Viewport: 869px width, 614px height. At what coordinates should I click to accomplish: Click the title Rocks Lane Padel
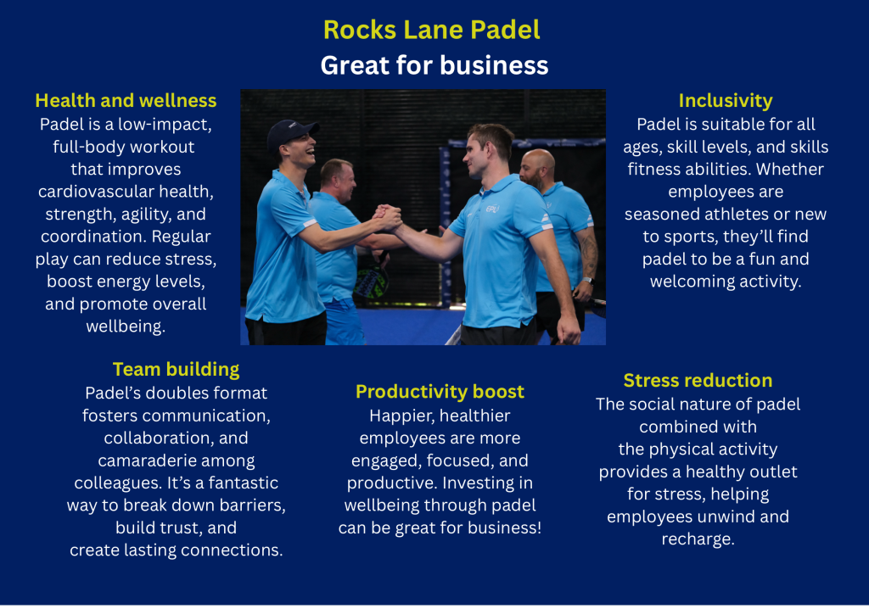432,30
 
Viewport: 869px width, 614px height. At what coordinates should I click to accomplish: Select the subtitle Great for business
434,65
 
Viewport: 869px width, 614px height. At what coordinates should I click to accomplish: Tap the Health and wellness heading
126,100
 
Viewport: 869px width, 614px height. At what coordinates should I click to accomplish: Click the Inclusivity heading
726,101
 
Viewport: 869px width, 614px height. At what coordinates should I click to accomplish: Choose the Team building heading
177,369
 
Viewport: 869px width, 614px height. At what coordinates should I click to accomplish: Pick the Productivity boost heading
440,392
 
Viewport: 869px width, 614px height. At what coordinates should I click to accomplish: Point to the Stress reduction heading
698,381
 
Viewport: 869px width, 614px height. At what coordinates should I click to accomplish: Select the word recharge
698,539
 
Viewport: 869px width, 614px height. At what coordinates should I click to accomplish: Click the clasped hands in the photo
387,218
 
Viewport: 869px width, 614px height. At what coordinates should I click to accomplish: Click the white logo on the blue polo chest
492,209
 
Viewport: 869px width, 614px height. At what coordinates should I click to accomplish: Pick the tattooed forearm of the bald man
587,254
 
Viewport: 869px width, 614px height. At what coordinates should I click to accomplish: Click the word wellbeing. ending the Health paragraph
126,327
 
